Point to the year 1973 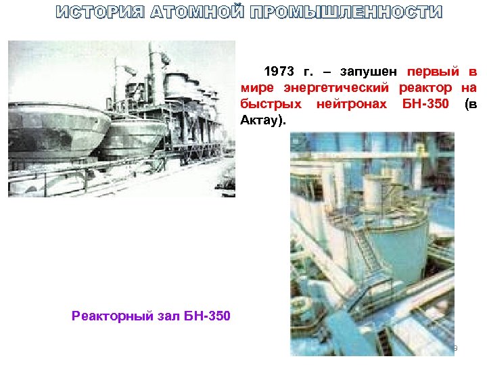(x=277, y=71)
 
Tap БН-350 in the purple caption (x=206, y=316)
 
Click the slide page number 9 (x=455, y=348)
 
